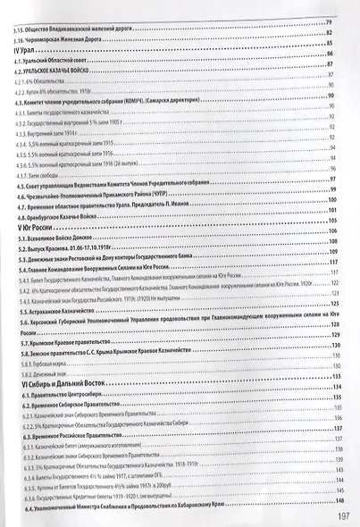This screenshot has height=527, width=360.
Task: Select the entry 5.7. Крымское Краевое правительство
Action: (77, 341)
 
